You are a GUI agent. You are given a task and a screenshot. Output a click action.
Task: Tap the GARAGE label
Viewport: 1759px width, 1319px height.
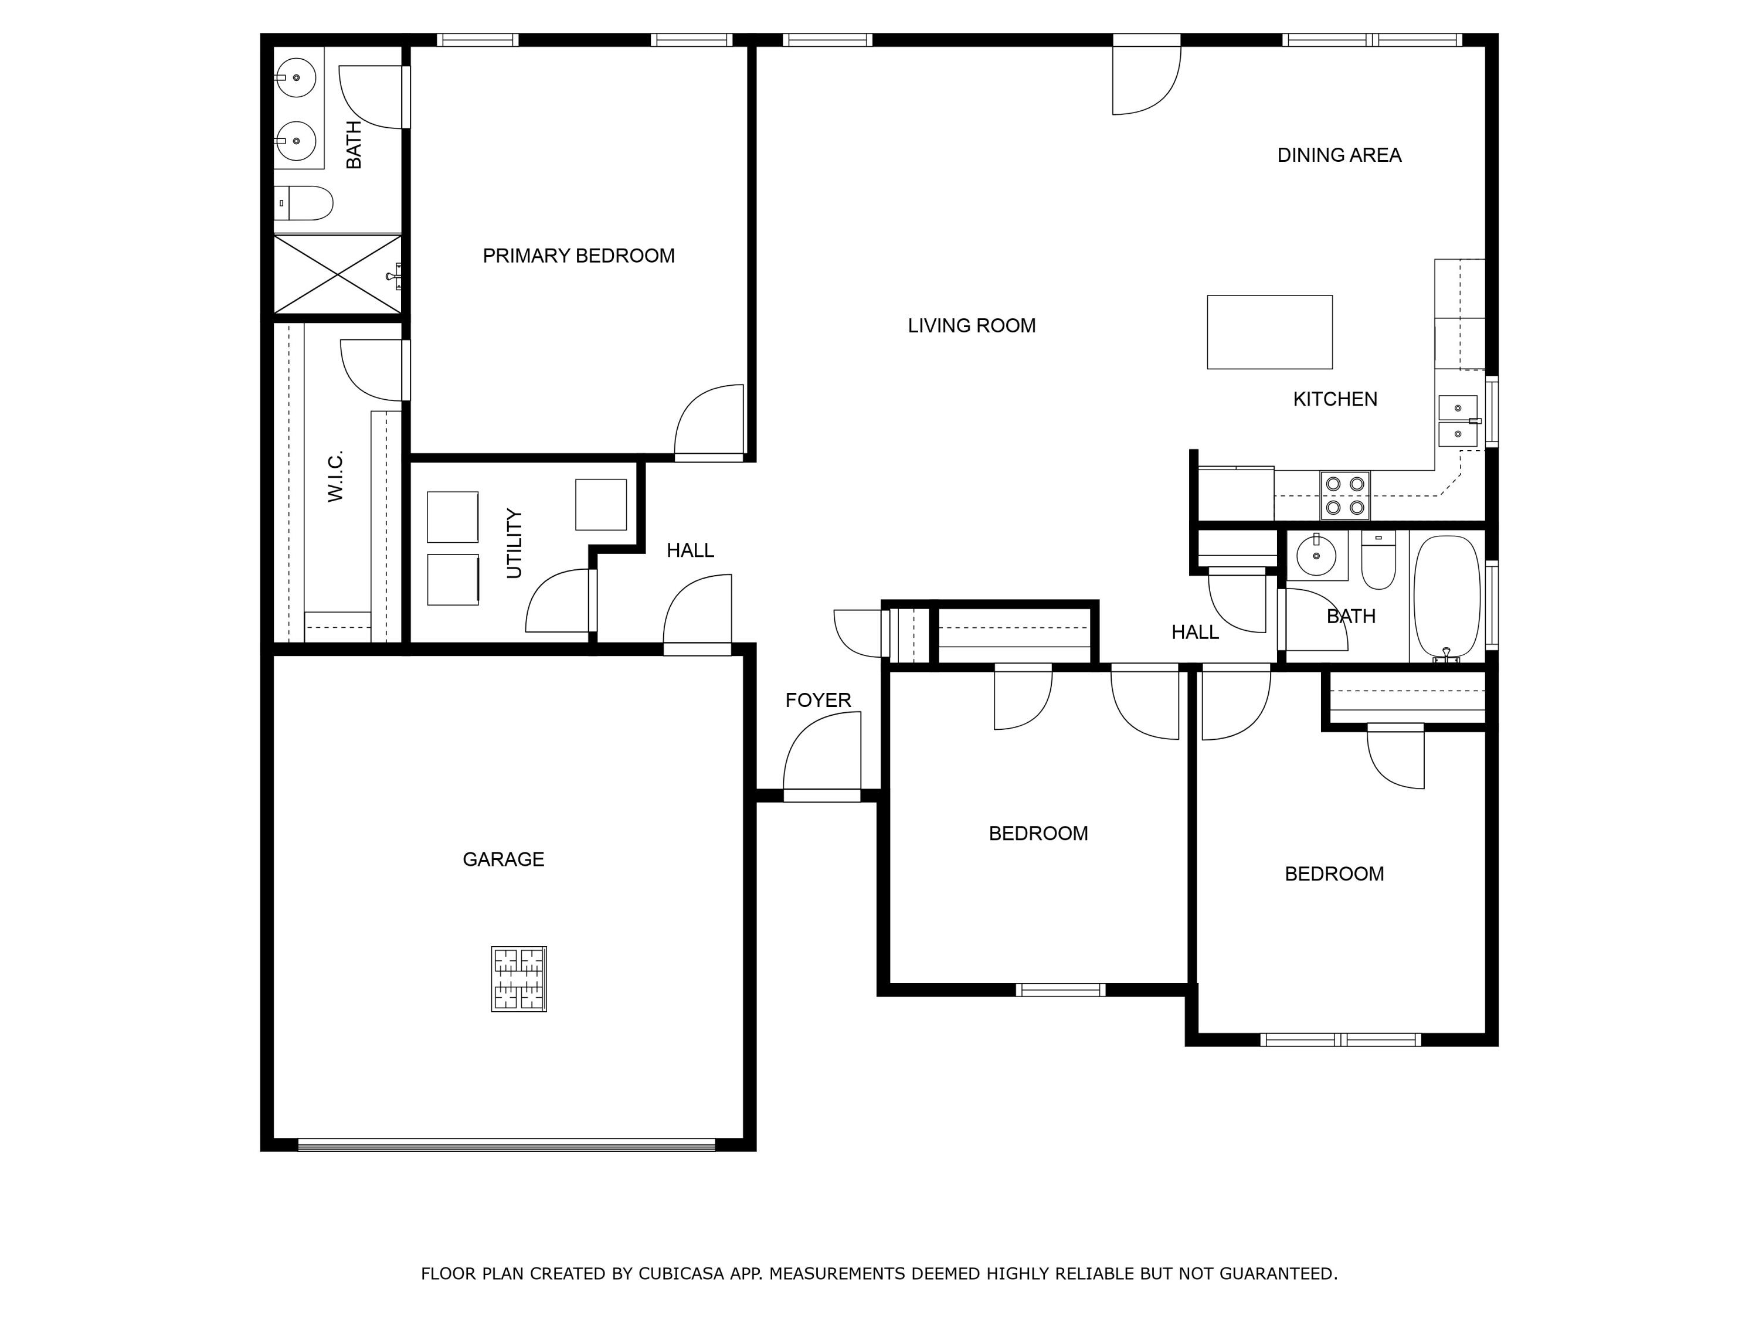pyautogui.click(x=503, y=859)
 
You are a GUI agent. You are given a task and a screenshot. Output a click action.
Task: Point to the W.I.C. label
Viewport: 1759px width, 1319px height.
pyautogui.click(x=335, y=476)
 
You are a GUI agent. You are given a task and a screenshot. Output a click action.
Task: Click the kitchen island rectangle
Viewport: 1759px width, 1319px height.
pyautogui.click(x=1269, y=332)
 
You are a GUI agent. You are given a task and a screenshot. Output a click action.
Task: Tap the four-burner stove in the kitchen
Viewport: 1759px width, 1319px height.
pyautogui.click(x=1344, y=495)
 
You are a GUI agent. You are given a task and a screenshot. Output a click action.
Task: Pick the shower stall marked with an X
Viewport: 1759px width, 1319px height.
pyautogui.click(x=338, y=274)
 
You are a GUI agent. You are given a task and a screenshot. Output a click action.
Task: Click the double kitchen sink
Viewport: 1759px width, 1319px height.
pyautogui.click(x=1458, y=421)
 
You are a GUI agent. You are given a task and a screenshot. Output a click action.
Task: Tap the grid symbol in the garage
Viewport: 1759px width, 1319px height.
pyautogui.click(x=518, y=979)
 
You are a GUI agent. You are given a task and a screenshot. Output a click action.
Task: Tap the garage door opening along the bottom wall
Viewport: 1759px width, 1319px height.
pyautogui.click(x=507, y=1145)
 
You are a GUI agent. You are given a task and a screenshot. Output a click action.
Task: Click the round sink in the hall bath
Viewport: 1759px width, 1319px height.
pyautogui.click(x=1316, y=556)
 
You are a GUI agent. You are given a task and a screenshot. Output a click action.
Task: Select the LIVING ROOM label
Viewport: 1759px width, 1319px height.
pyautogui.click(x=971, y=326)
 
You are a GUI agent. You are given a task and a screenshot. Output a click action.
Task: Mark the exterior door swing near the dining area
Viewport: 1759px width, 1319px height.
pyautogui.click(x=1145, y=80)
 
